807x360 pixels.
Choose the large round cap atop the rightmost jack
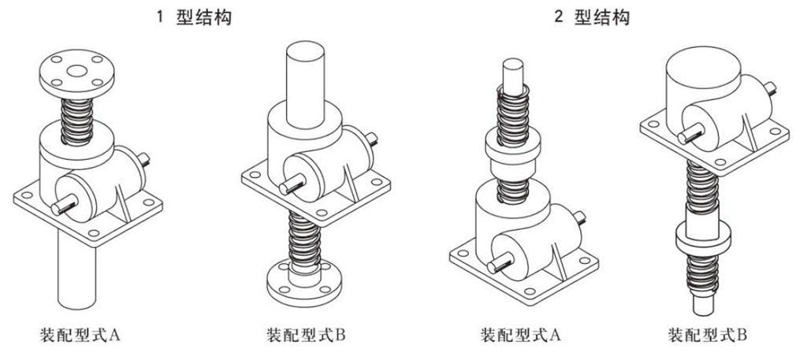tap(705, 75)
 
